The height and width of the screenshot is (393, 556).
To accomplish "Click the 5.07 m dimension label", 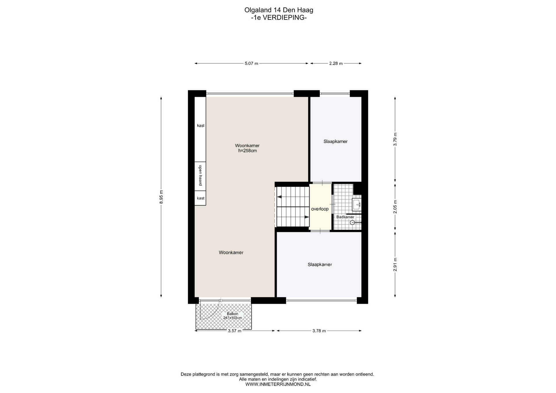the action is pyautogui.click(x=251, y=63).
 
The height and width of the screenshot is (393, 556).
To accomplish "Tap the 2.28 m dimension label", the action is pyautogui.click(x=336, y=63).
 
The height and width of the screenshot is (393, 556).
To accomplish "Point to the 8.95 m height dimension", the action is pyautogui.click(x=161, y=197).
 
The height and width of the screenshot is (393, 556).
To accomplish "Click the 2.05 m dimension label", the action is pyautogui.click(x=395, y=207).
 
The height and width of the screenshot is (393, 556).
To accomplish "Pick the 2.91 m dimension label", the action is pyautogui.click(x=395, y=265).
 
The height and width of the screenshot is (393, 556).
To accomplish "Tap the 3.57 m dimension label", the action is pyautogui.click(x=235, y=331).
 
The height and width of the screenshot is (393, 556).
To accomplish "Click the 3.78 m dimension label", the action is pyautogui.click(x=319, y=331).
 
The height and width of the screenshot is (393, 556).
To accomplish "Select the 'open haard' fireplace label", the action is pyautogui.click(x=200, y=175).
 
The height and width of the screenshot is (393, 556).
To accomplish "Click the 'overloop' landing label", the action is pyautogui.click(x=320, y=209).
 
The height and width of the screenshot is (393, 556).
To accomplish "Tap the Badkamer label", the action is pyautogui.click(x=345, y=217).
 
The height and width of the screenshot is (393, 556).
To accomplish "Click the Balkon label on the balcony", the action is pyautogui.click(x=233, y=314).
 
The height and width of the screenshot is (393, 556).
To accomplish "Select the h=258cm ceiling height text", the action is pyautogui.click(x=248, y=151).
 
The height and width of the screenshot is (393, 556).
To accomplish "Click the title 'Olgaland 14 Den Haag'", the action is pyautogui.click(x=279, y=10).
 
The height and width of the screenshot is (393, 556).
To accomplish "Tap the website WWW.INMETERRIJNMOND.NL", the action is pyautogui.click(x=278, y=384).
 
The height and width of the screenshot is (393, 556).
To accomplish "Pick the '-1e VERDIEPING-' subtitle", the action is pyautogui.click(x=279, y=18).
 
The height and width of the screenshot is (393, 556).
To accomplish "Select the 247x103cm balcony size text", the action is pyautogui.click(x=233, y=318).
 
